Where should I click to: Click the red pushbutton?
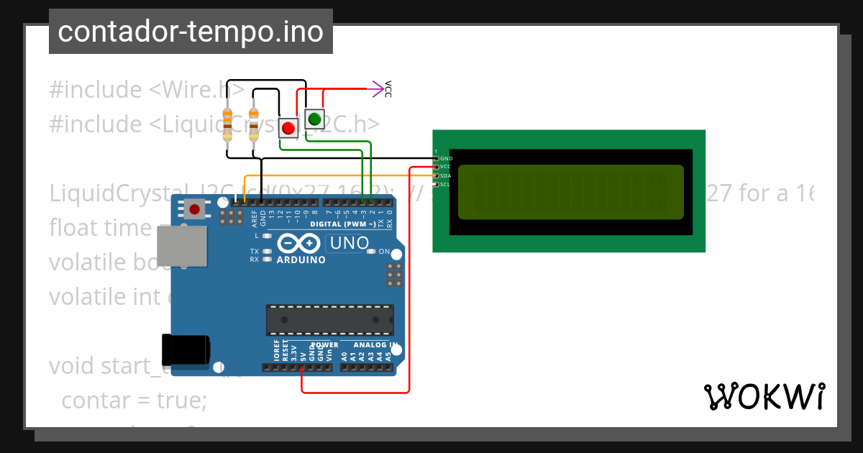pyautogui.click(x=288, y=128)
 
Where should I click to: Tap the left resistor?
pyautogui.click(x=228, y=123)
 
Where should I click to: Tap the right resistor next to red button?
pyautogui.click(x=253, y=123)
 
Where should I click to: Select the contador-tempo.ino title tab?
pyautogui.click(x=191, y=32)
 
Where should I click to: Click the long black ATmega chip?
pyautogui.click(x=330, y=320)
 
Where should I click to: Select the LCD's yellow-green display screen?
pyautogui.click(x=570, y=192)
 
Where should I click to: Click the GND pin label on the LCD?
pyautogui.click(x=446, y=158)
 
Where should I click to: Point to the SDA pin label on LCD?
pyautogui.click(x=446, y=175)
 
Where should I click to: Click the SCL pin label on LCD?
pyautogui.click(x=446, y=184)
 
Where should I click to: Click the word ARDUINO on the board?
pyautogui.click(x=301, y=260)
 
